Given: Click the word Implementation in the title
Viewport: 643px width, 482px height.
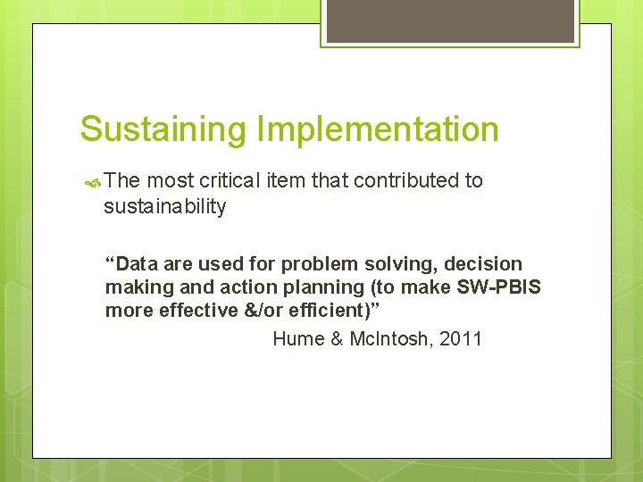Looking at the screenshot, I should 377,129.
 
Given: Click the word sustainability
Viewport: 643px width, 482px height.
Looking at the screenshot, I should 165,207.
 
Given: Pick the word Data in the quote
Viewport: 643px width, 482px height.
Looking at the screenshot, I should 137,264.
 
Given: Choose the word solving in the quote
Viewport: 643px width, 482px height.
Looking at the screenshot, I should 376,264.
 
